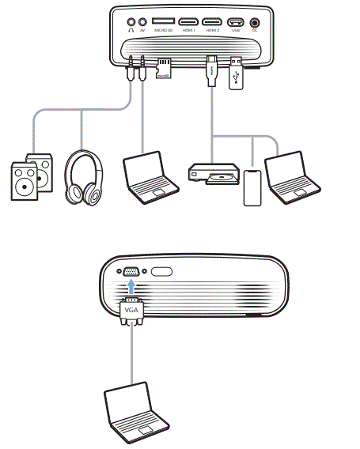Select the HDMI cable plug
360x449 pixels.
coord(212,71)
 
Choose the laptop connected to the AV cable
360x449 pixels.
coord(149,176)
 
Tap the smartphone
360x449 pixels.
coord(252,186)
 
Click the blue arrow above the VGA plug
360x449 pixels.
coord(131,289)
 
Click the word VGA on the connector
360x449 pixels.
coord(131,311)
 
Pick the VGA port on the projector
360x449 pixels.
coord(131,271)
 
